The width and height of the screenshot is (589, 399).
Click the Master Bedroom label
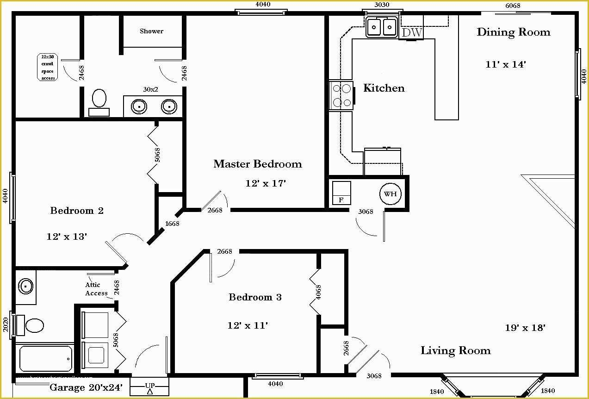[257, 164]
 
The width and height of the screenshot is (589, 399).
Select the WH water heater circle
[390, 194]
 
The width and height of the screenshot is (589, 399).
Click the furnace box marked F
[341, 193]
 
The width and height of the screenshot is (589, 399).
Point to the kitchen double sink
[382, 27]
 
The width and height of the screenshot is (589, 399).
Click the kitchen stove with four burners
[341, 95]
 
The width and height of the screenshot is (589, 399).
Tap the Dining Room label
[513, 32]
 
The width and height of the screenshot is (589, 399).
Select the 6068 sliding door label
[513, 6]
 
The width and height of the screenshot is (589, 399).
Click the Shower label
[151, 31]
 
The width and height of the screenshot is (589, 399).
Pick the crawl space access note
[48, 67]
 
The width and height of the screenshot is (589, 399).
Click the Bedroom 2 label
[77, 211]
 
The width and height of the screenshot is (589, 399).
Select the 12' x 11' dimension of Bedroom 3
[248, 325]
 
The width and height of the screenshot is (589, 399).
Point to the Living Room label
[455, 350]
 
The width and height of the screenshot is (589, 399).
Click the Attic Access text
[96, 289]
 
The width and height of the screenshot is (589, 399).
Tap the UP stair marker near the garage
[150, 387]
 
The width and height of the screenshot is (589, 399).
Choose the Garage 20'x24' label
[86, 387]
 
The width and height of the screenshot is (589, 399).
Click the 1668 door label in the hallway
[172, 224]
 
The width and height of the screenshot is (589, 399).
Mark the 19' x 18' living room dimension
[525, 328]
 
